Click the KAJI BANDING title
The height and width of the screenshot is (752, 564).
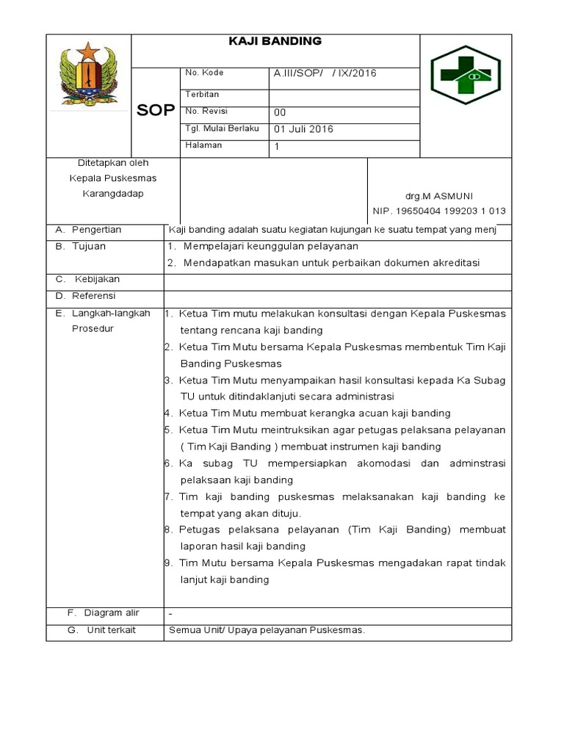[275, 41]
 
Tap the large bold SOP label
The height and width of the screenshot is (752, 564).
[156, 111]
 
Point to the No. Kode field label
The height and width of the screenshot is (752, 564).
[204, 73]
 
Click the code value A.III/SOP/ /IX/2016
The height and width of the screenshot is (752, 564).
[325, 73]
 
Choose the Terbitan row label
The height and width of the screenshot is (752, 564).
[202, 94]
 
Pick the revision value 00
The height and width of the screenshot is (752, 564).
[280, 112]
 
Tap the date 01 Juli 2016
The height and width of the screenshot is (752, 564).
[303, 129]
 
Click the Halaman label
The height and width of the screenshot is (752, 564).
[203, 145]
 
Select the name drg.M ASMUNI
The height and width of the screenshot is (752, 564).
[439, 196]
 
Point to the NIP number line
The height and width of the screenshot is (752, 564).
[439, 211]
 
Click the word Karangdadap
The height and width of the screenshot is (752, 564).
[112, 194]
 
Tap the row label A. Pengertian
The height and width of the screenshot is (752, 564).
[89, 230]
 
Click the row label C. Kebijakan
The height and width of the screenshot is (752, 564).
[88, 280]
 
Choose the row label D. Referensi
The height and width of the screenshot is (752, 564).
[86, 296]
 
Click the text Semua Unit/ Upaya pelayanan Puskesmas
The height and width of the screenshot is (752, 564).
[267, 630]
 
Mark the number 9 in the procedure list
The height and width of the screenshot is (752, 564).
[168, 563]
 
